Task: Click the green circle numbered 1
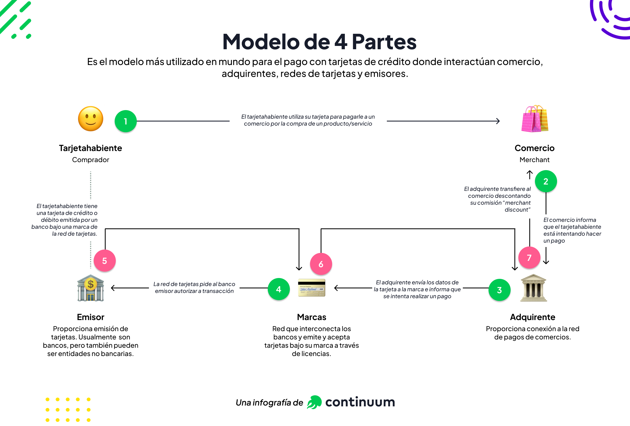click(x=125, y=121)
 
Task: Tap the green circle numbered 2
click(x=546, y=181)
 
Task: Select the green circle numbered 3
click(x=499, y=290)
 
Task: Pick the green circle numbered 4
click(x=279, y=289)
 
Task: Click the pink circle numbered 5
click(x=104, y=261)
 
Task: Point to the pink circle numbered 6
click(x=321, y=264)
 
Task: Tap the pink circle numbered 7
click(x=529, y=258)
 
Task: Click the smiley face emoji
click(x=91, y=119)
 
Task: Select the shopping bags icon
click(x=535, y=119)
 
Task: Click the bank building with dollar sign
click(x=91, y=288)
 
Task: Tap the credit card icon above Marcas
click(x=312, y=288)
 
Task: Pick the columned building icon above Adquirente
click(x=534, y=288)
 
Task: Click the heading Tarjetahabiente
click(x=90, y=148)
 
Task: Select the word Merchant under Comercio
click(x=534, y=160)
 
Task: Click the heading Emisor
click(x=91, y=317)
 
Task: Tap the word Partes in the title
click(x=384, y=42)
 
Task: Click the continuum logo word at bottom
click(x=360, y=402)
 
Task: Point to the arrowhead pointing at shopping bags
click(x=498, y=121)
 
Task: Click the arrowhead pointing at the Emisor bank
click(x=113, y=288)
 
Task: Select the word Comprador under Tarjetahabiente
click(x=91, y=160)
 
